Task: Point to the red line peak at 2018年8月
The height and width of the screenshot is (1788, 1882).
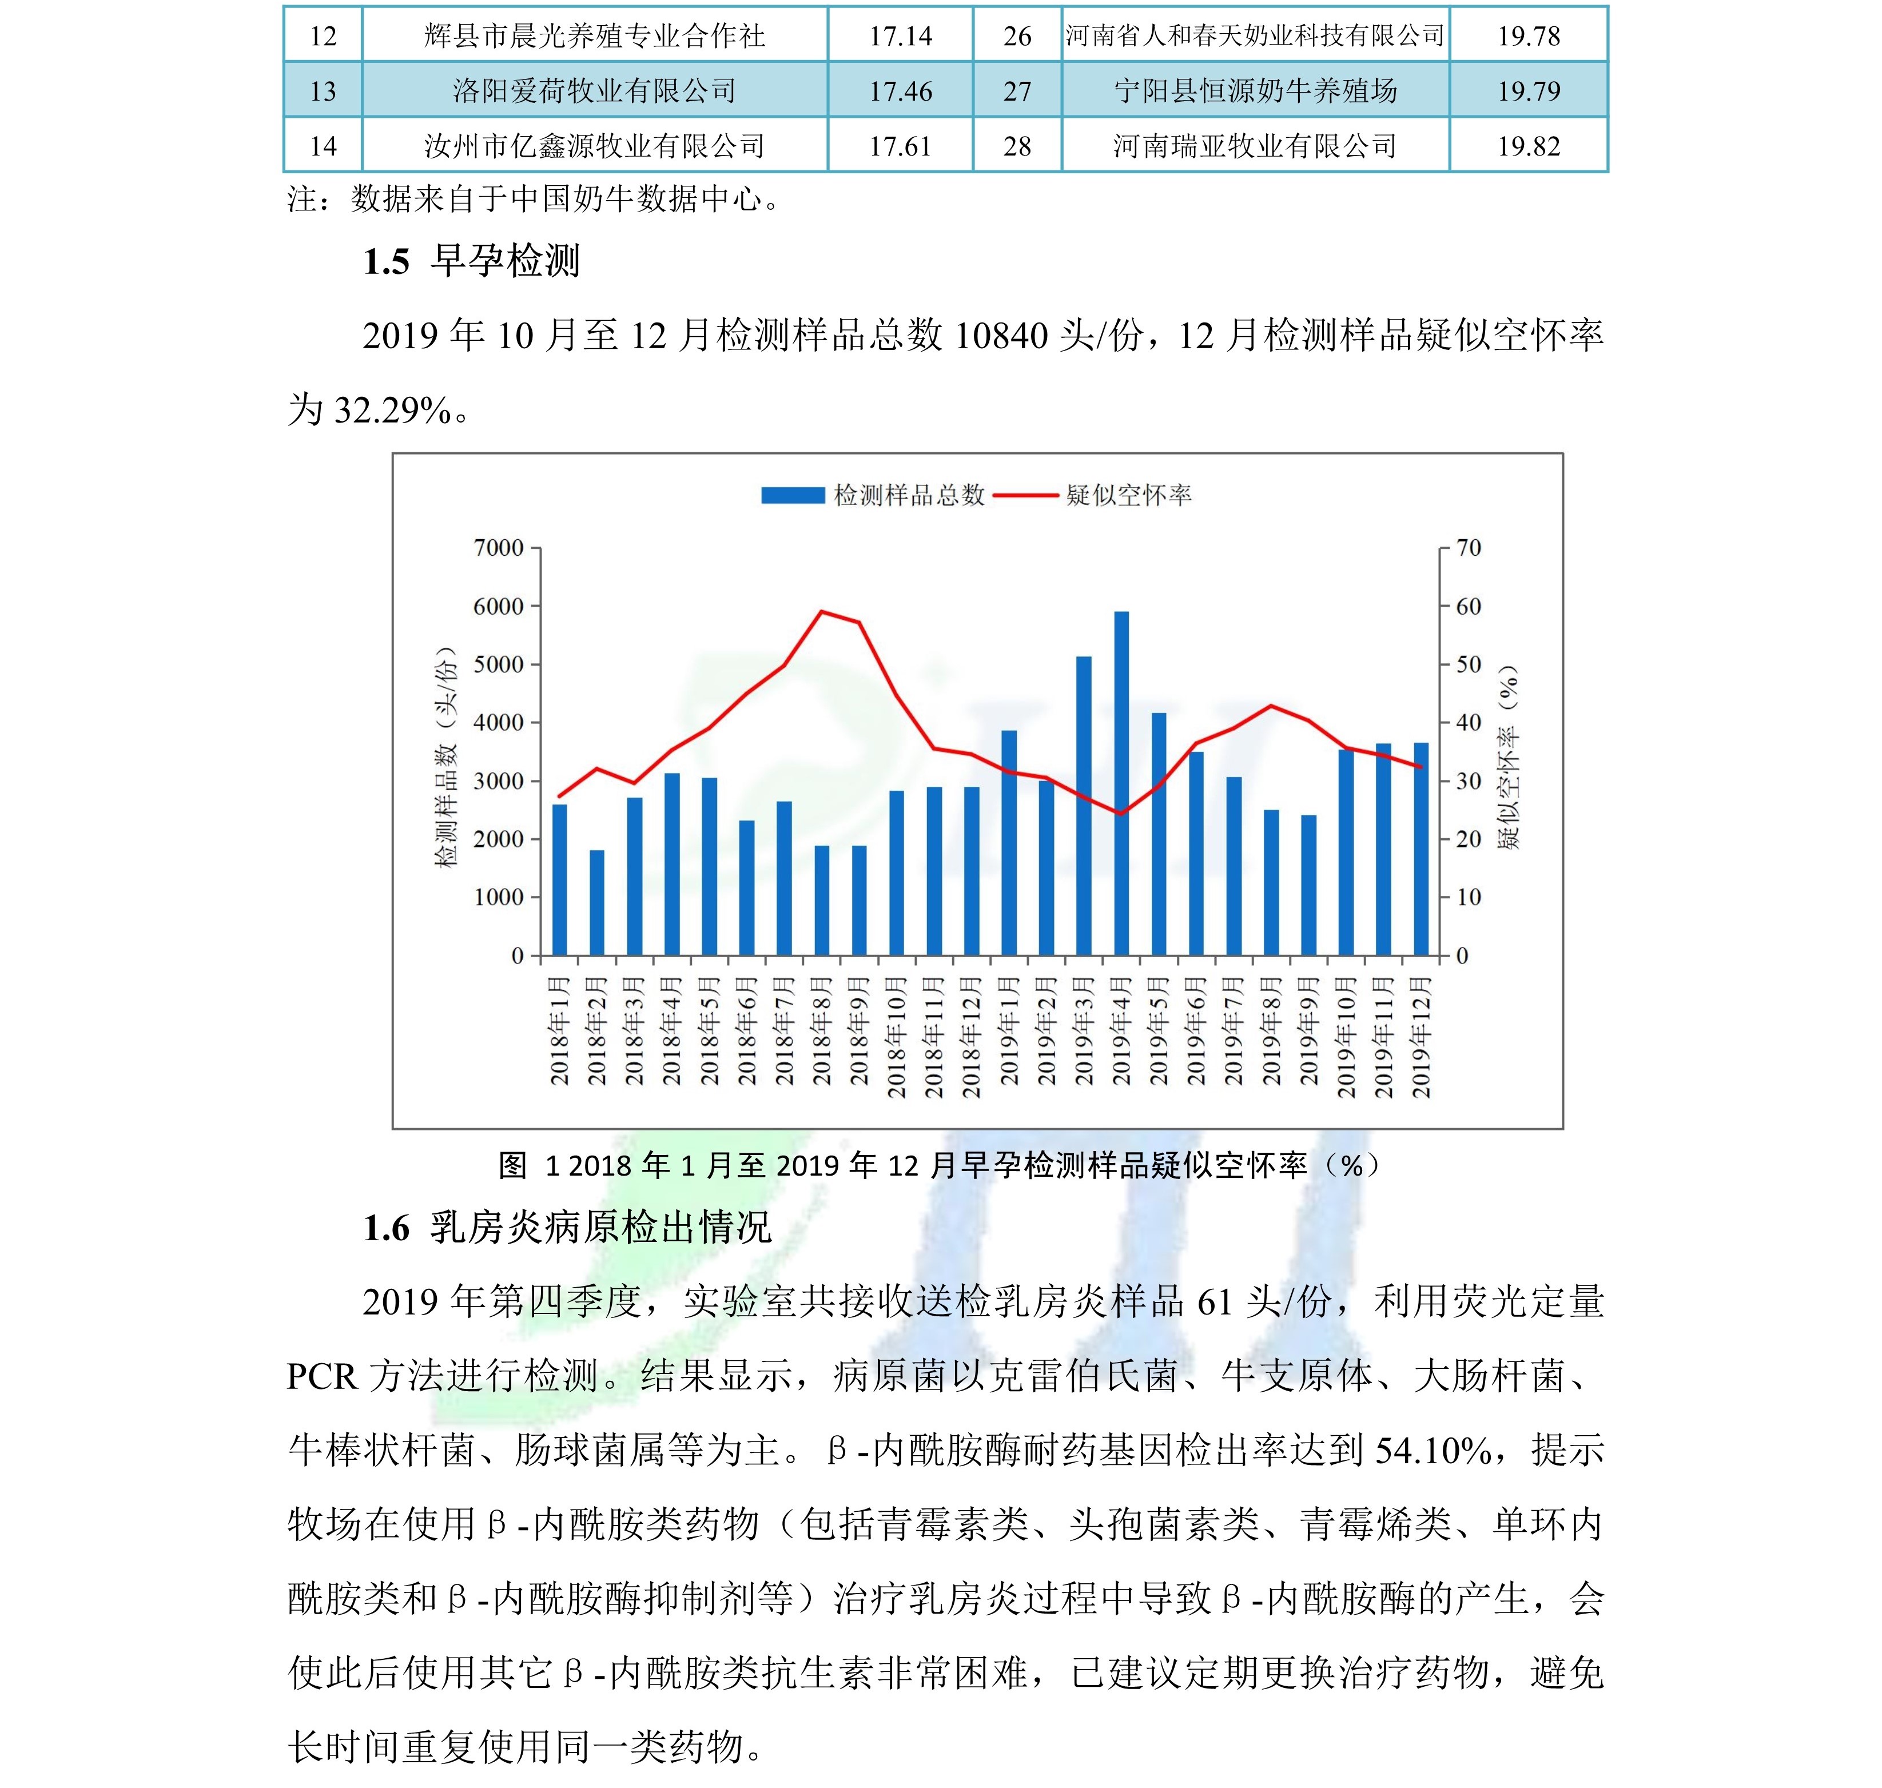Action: tap(822, 612)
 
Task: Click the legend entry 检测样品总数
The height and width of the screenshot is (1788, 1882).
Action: tap(872, 495)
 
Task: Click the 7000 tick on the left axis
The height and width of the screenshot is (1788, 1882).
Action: tap(499, 548)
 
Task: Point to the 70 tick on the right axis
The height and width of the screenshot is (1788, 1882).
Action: tap(1468, 548)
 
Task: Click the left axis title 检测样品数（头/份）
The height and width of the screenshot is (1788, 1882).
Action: tap(446, 758)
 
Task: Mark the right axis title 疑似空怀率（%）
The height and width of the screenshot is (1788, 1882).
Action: tap(1509, 758)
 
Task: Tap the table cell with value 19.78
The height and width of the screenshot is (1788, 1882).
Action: tap(1528, 36)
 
